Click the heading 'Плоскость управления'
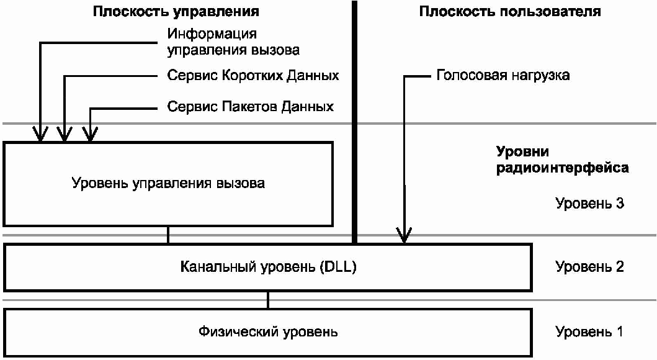(x=176, y=11)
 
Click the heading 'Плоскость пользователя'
(x=510, y=11)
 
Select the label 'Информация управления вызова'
(x=233, y=41)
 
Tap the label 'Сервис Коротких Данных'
(x=253, y=76)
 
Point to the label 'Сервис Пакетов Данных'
(x=250, y=107)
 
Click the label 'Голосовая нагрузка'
(x=503, y=76)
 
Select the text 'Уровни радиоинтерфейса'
(x=562, y=160)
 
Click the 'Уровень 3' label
(x=589, y=203)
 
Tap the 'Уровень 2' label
(x=589, y=267)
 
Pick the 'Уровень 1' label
(x=589, y=331)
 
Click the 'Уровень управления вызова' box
(x=168, y=184)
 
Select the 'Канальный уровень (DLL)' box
(x=268, y=268)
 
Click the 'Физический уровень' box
(x=268, y=332)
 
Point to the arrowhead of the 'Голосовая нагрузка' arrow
(x=404, y=236)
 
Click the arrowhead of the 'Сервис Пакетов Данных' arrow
(x=91, y=134)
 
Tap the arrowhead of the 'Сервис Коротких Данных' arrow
(x=65, y=134)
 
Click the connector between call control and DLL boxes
(x=168, y=235)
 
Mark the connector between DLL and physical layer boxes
(x=268, y=300)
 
